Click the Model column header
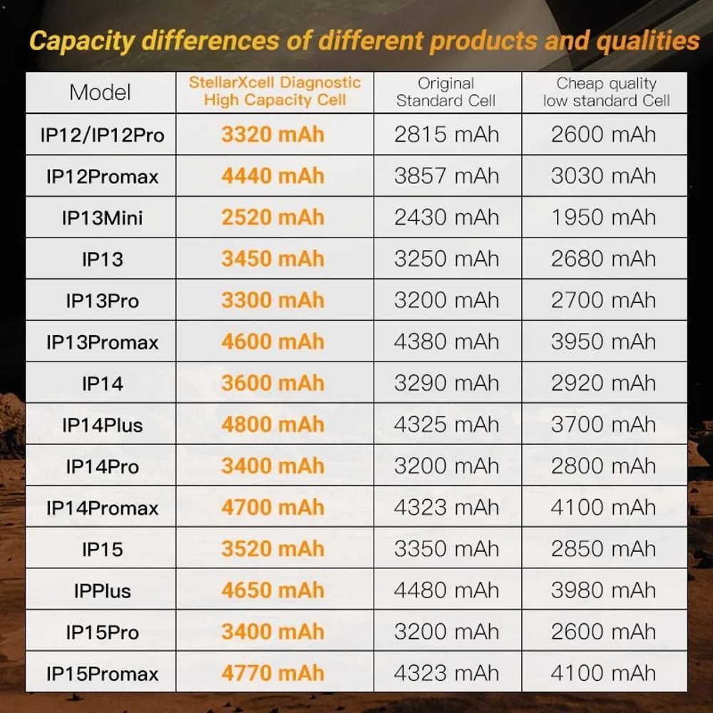(x=101, y=92)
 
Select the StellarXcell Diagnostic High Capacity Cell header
(x=275, y=91)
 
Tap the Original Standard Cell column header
(x=446, y=92)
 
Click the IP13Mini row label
(x=102, y=217)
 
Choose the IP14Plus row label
(x=102, y=426)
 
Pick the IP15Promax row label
(x=102, y=674)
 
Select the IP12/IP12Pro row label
(x=102, y=135)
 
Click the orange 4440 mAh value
(x=272, y=176)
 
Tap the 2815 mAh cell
(x=446, y=135)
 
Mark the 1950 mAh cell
(x=603, y=217)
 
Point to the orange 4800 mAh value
(x=272, y=425)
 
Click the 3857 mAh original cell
(x=446, y=176)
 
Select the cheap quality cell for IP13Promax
(x=603, y=342)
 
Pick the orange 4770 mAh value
(x=272, y=673)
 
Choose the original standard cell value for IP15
(x=446, y=549)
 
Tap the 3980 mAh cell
(x=603, y=590)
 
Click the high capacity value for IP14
(x=272, y=384)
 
